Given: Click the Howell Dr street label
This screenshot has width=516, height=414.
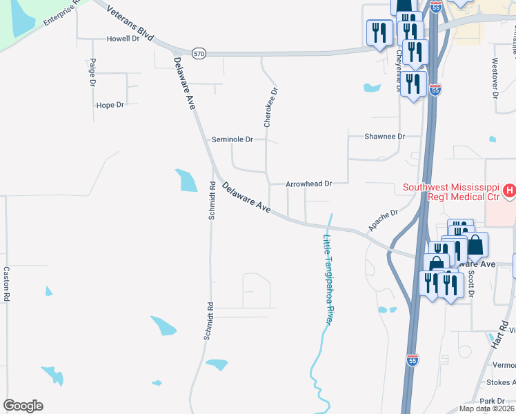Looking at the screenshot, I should tap(123, 39).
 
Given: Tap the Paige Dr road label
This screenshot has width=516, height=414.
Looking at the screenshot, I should tap(92, 72).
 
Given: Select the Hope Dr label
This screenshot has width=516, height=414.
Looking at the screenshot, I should tap(110, 105).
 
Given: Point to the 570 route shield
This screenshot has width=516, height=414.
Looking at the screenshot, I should tap(199, 53).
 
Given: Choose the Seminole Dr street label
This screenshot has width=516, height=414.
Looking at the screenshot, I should tap(232, 139).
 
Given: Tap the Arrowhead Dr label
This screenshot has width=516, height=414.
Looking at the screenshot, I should tap(310, 184).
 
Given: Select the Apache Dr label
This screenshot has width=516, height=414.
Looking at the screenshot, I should tap(384, 221).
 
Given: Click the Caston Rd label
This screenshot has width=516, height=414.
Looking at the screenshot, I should tap(6, 283).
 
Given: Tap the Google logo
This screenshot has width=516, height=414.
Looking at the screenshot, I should tap(23, 406).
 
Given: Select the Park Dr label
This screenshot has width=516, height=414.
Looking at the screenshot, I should tap(493, 401).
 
